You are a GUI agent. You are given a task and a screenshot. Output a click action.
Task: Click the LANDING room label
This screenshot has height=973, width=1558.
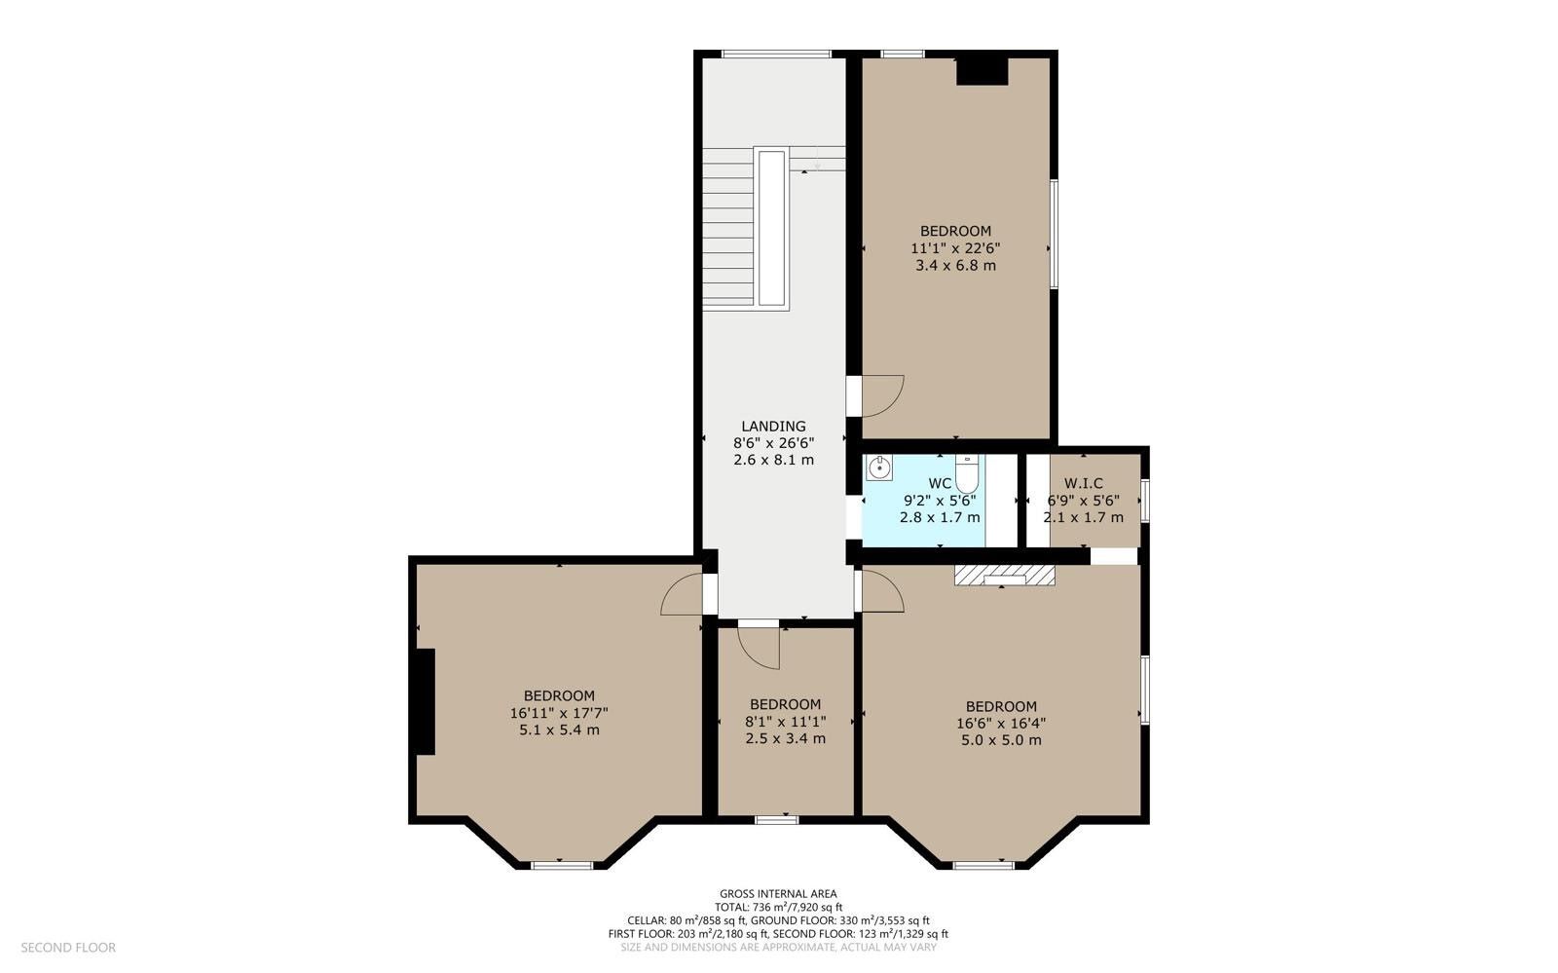[x=773, y=427]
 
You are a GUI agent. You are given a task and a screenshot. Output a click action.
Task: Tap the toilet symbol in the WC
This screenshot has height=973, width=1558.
[x=967, y=473]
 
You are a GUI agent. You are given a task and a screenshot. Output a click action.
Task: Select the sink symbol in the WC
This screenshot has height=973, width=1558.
[x=879, y=468]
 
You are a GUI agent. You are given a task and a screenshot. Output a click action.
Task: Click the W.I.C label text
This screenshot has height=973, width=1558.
[x=1083, y=483]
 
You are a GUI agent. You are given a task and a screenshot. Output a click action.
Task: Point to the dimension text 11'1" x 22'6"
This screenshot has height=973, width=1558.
[x=955, y=248]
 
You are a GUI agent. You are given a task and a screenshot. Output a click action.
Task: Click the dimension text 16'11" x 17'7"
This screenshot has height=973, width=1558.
[x=559, y=713]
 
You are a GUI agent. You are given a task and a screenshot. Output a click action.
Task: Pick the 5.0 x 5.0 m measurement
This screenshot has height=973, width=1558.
[x=1002, y=740]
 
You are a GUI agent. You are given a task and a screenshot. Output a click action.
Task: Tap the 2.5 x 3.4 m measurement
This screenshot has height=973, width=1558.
[x=785, y=738]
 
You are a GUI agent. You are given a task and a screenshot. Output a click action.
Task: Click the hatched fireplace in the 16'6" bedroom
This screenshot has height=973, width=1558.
[x=1004, y=575]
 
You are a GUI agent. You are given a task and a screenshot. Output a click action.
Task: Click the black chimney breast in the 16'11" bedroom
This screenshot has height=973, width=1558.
[x=426, y=702]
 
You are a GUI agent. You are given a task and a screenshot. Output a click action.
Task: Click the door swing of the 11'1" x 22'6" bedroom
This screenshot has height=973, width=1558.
[x=883, y=396]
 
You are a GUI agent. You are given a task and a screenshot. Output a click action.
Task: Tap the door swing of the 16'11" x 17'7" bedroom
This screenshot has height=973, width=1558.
[x=681, y=595]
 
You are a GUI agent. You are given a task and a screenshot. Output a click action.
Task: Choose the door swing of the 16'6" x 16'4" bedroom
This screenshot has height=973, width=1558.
[x=883, y=591]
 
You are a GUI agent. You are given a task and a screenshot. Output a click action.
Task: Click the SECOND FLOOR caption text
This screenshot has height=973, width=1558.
[x=68, y=948]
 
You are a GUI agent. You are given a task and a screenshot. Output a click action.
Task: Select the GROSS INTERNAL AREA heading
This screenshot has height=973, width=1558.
[x=778, y=894]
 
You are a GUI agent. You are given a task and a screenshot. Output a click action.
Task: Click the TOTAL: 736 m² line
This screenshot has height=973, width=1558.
[x=778, y=907]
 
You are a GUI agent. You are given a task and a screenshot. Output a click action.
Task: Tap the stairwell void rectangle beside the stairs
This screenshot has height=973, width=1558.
[x=771, y=228]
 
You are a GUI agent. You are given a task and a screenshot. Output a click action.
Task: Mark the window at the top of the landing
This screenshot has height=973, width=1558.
[x=776, y=54]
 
